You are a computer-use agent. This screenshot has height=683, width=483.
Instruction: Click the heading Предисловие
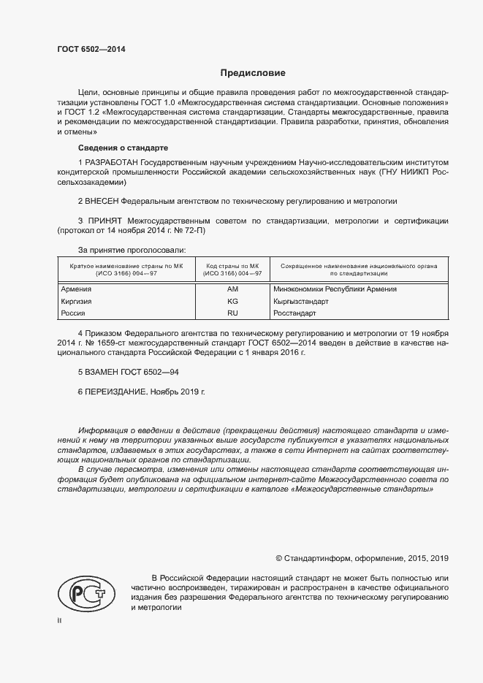[253, 73]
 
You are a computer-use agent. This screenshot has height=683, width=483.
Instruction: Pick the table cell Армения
[76, 289]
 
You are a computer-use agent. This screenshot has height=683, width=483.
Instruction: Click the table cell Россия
[73, 313]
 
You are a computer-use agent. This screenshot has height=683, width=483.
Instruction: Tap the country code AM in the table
[233, 289]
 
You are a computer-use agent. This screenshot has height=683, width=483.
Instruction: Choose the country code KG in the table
[233, 301]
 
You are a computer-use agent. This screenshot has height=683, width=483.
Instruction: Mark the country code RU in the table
[233, 313]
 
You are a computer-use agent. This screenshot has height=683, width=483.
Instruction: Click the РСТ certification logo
[85, 592]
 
